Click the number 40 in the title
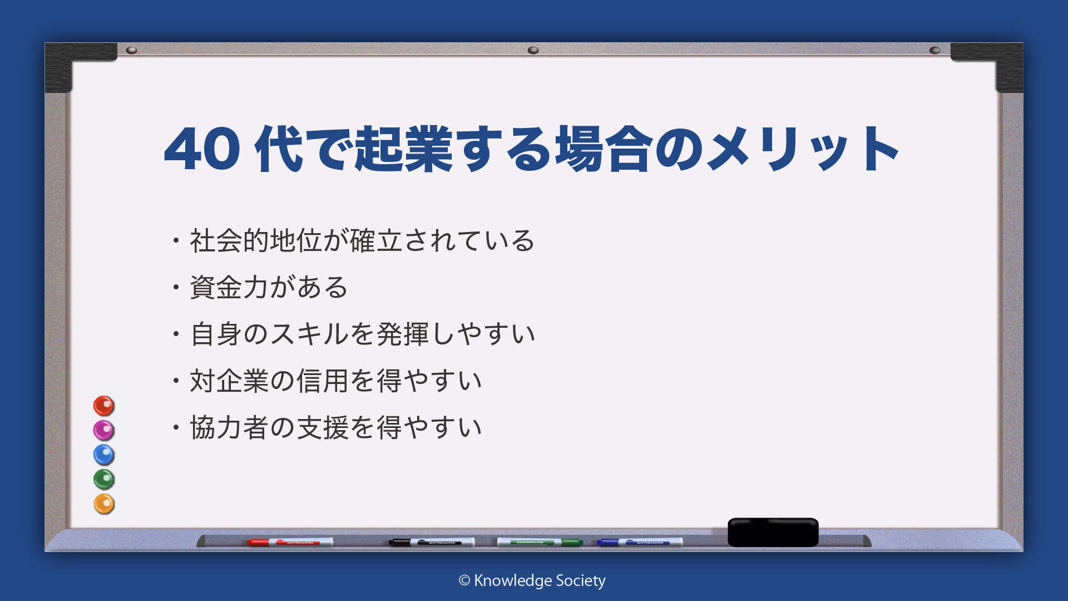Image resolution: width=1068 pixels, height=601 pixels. click(202, 149)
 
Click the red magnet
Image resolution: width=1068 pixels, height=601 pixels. click(103, 406)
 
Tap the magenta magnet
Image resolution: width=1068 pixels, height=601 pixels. click(103, 430)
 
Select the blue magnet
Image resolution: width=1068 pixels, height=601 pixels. click(103, 455)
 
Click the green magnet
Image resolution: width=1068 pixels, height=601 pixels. click(103, 479)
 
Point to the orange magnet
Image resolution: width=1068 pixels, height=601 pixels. click(103, 504)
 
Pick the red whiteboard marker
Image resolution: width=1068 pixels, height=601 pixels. click(290, 542)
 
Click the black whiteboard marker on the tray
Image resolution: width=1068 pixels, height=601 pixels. click(432, 542)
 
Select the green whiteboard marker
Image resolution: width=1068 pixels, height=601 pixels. click(540, 542)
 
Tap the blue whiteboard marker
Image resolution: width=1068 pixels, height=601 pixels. click(640, 542)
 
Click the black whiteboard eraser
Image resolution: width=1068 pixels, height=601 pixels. click(773, 532)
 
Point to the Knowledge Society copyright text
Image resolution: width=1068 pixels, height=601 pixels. click(532, 581)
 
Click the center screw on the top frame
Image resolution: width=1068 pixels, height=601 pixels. click(533, 50)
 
